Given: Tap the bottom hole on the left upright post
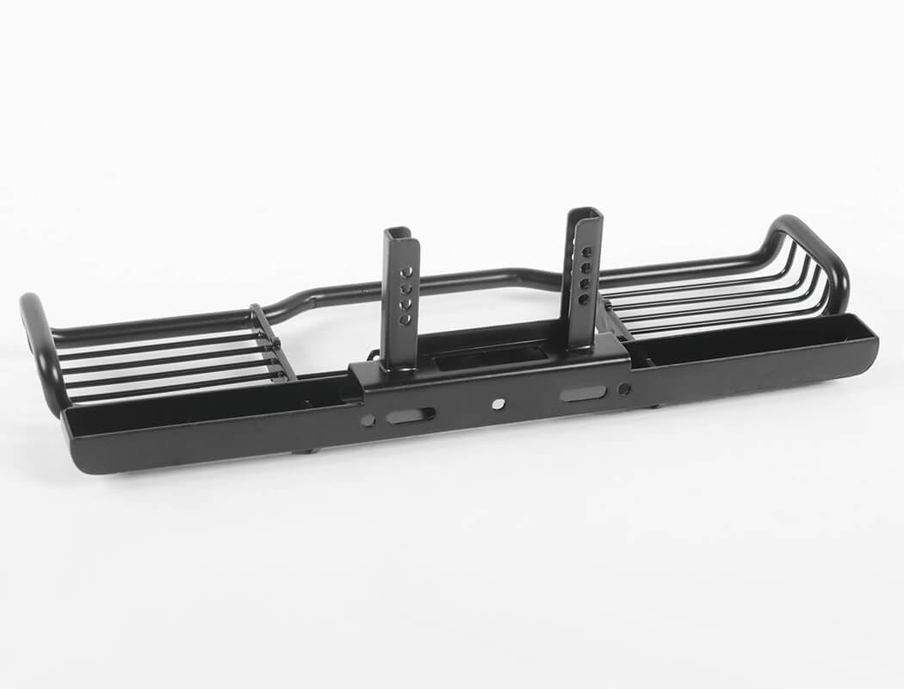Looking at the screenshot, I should click(404, 320).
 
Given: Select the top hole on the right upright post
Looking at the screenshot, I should click(588, 252).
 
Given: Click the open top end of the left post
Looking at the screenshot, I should click(397, 233).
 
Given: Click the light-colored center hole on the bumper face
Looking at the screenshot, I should click(498, 403).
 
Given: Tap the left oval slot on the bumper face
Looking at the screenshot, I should click(410, 415).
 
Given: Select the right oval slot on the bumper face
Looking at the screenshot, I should click(583, 394).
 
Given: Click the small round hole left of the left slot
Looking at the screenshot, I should click(368, 420).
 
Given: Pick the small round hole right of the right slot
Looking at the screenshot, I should click(624, 388).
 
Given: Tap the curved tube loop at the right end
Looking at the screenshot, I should click(818, 250).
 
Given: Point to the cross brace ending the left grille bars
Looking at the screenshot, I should click(274, 342).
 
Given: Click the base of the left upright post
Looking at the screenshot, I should click(399, 362).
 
